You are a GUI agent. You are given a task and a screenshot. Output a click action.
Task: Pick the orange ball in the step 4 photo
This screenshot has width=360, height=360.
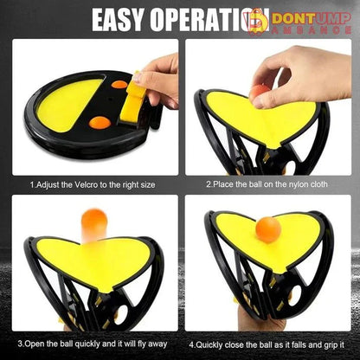pyautogui.click(x=269, y=229)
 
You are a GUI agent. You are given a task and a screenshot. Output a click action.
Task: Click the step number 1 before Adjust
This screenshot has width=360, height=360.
pyautogui.click(x=31, y=184)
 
